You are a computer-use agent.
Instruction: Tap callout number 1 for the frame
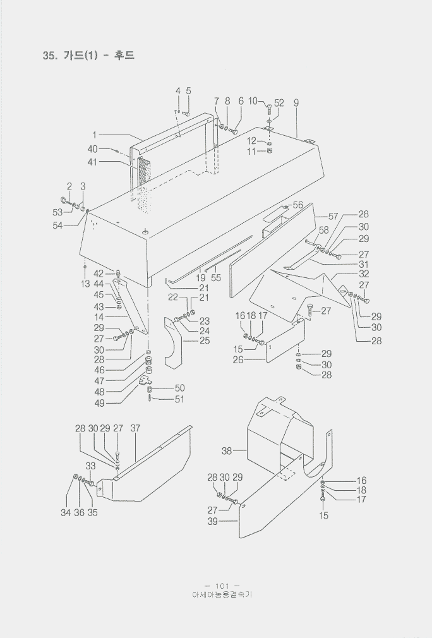pyautogui.click(x=94, y=135)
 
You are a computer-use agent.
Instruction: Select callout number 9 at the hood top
pyautogui.click(x=296, y=102)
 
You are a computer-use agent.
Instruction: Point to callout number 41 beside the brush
pyautogui.click(x=93, y=162)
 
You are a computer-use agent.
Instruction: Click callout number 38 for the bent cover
pyautogui.click(x=227, y=451)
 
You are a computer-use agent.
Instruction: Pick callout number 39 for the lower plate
pyautogui.click(x=212, y=522)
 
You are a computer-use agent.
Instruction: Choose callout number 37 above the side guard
pyautogui.click(x=135, y=428)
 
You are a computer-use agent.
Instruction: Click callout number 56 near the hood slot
pyautogui.click(x=297, y=205)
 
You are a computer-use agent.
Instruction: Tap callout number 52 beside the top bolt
pyautogui.click(x=279, y=102)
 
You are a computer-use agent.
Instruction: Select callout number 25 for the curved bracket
pyautogui.click(x=205, y=341)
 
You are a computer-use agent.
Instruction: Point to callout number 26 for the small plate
pyautogui.click(x=238, y=360)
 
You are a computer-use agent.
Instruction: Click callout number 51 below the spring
pyautogui.click(x=179, y=399)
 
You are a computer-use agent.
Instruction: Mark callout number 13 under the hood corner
pyautogui.click(x=85, y=284)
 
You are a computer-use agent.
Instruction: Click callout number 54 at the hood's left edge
pyautogui.click(x=57, y=226)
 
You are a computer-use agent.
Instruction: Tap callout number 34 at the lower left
pyautogui.click(x=66, y=513)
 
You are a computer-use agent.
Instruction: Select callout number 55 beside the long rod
pyautogui.click(x=217, y=278)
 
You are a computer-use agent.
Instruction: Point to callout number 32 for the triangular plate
pyautogui.click(x=364, y=274)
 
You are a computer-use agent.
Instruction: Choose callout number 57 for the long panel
pyautogui.click(x=333, y=216)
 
